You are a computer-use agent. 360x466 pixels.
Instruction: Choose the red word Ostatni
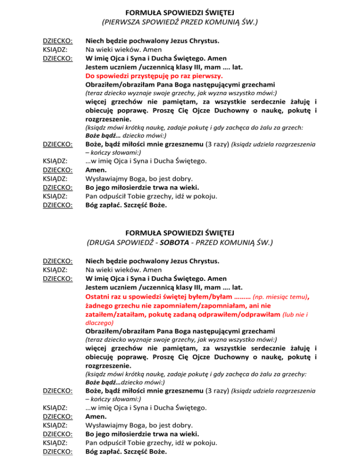tap(98, 296)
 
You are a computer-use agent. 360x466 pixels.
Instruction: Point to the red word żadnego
tap(99, 305)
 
